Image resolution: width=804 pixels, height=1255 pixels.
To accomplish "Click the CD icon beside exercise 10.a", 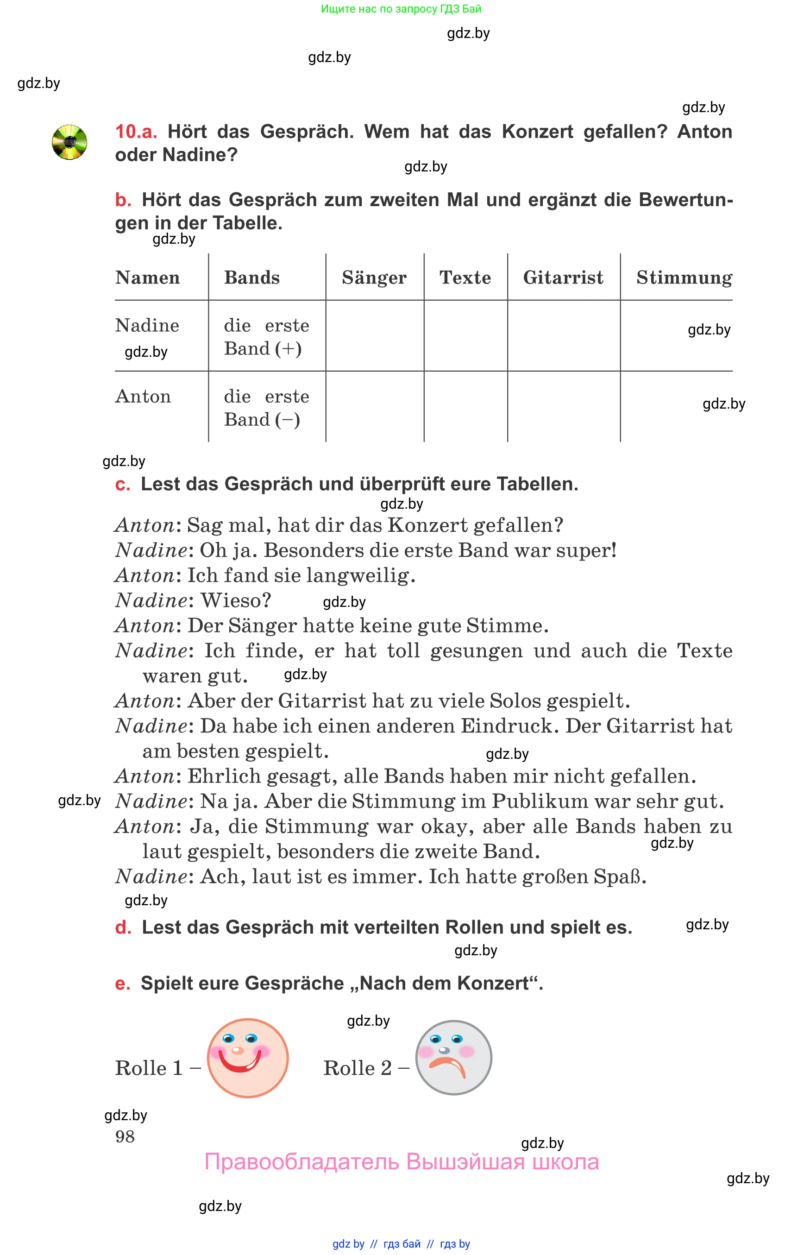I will point(69,142).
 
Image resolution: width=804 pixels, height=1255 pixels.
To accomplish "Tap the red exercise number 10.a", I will point(136,132).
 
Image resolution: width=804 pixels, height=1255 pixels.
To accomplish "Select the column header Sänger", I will point(374,277).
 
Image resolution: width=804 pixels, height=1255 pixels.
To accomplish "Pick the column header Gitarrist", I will point(563,277).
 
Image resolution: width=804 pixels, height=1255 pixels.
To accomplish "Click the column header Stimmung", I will point(684,277).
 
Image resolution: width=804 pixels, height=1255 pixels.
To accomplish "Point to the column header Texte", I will point(465,277).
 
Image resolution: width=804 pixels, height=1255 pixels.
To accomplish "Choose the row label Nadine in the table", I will point(147,325).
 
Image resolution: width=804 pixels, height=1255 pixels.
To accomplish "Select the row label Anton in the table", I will point(143,397).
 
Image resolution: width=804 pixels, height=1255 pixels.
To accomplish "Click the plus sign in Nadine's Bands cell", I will point(288,349).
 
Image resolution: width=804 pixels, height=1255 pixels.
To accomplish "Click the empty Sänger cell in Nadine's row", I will point(374,336).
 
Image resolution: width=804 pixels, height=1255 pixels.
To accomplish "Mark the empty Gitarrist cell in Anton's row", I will point(563,407).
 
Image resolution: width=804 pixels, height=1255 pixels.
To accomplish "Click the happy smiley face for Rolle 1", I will point(247,1058).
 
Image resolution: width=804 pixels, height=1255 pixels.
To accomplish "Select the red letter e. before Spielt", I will point(122,984).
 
